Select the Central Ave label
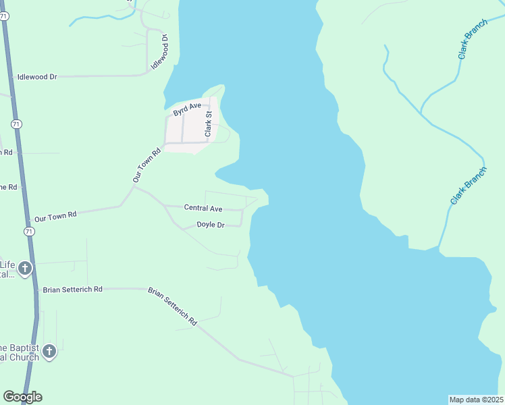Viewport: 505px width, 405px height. pos(203,209)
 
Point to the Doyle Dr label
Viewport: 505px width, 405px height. pos(210,225)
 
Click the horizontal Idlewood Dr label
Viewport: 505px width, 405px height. pos(37,77)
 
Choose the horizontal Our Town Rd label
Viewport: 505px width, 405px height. pos(56,217)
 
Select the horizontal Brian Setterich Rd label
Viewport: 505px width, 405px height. pos(72,289)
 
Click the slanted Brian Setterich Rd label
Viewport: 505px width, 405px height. pos(171,306)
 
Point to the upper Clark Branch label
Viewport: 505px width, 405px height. pos(473,39)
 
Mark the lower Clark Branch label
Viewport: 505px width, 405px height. pos(468,186)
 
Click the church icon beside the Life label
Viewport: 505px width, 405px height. pos(24,269)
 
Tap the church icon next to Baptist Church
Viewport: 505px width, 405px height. pos(49,351)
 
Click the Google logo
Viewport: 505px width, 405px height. pos(22,397)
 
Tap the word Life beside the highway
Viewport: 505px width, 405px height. pos(7,264)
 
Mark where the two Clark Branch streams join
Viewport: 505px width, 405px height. pos(421,112)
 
